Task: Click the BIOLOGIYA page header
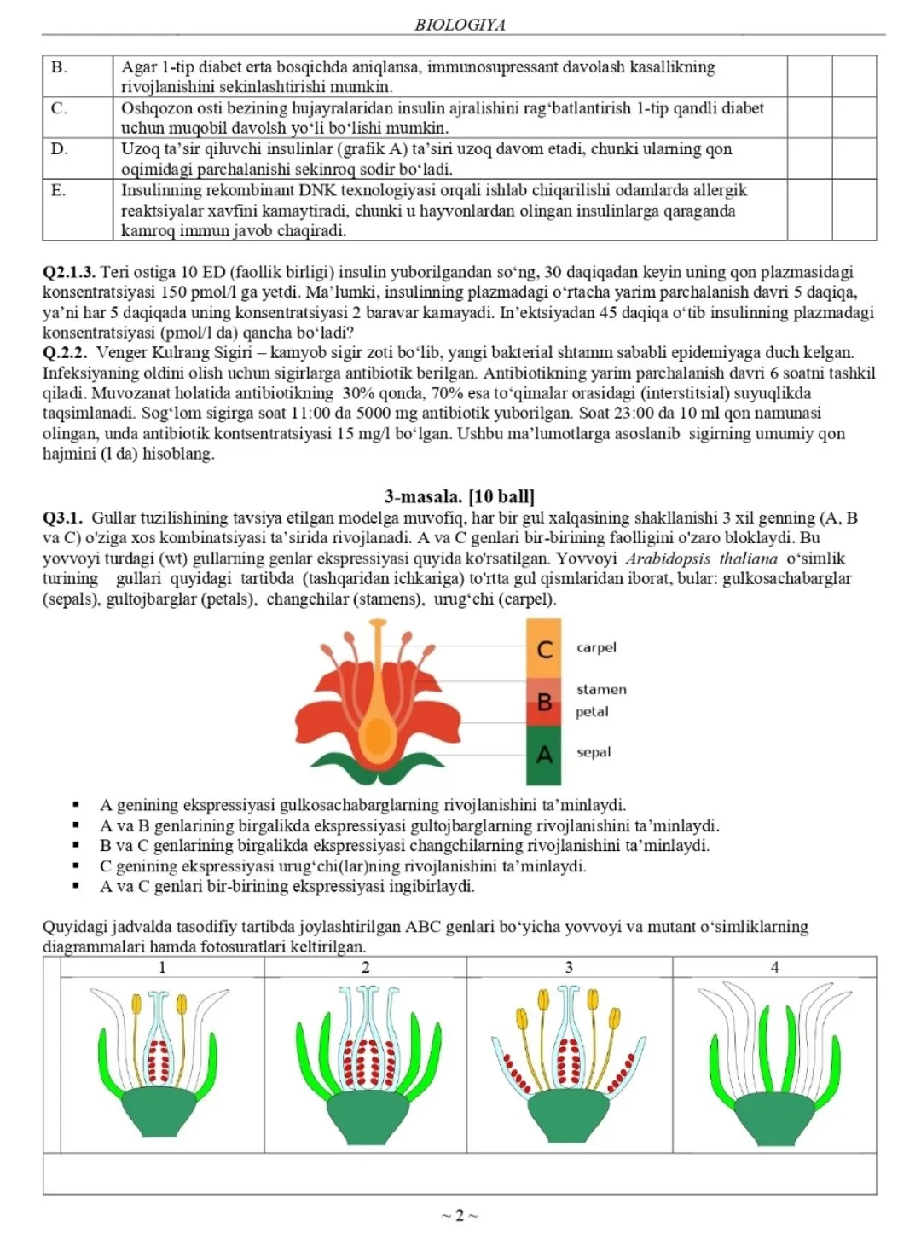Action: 460,25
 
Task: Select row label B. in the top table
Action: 59,67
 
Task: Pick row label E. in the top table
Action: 58,190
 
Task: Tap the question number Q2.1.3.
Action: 69,272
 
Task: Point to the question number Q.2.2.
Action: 63,352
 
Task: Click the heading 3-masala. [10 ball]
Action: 460,496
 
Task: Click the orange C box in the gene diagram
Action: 544,650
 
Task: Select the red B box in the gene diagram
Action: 544,702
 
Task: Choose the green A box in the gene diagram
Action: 544,755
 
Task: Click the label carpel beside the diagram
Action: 596,647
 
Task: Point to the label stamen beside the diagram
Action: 601,689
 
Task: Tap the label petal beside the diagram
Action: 592,711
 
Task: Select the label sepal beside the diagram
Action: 594,752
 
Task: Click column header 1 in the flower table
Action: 162,967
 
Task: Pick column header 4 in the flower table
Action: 774,967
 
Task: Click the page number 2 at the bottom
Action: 460,1215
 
